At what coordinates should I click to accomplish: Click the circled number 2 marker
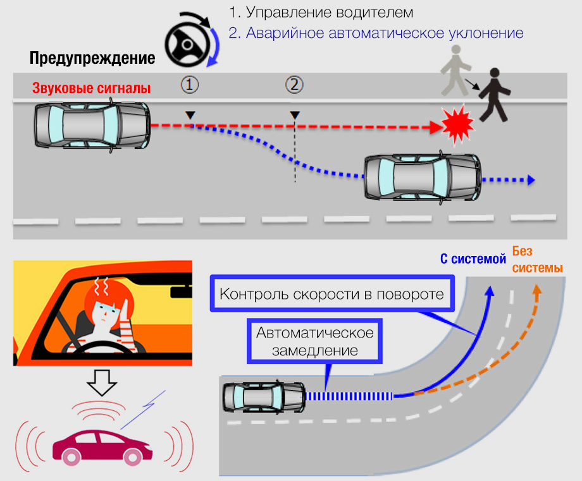click(x=294, y=84)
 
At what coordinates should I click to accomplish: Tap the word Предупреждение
click(x=92, y=59)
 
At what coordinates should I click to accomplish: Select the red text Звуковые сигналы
click(x=91, y=88)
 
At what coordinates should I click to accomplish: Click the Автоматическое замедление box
click(x=314, y=341)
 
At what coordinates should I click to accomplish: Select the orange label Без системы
click(x=536, y=260)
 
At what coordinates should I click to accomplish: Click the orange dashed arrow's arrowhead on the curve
click(x=537, y=291)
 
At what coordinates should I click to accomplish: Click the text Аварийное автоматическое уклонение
click(x=376, y=33)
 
